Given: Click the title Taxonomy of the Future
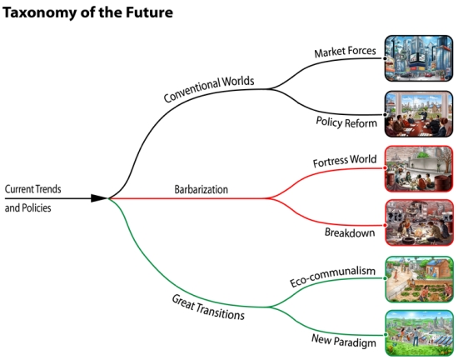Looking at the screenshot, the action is [87, 12].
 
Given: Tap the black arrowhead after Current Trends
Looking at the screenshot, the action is [99, 198].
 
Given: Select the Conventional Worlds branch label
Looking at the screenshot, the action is [208, 89].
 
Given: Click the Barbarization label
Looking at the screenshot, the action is [201, 189].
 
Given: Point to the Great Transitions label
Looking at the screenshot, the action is [208, 307].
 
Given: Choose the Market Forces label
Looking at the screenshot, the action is [345, 52].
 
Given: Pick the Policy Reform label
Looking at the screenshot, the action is [346, 122].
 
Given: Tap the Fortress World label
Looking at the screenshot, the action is [345, 161].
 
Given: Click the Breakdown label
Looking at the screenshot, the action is [350, 232].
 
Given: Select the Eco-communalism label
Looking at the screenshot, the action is [332, 276].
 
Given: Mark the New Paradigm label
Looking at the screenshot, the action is [343, 341].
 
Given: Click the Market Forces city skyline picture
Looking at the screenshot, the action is [419, 58].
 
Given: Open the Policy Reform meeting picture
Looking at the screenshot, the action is [419, 113].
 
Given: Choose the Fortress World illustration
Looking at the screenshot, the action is [419, 168].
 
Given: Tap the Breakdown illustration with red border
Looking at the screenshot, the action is [419, 222].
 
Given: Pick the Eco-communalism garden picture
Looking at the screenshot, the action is [419, 279].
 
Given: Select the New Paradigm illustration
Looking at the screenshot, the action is [419, 333].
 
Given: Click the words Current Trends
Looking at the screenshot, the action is [32, 189].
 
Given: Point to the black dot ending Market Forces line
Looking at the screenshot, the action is [385, 58].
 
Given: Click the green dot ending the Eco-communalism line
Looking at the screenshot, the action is [386, 277].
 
